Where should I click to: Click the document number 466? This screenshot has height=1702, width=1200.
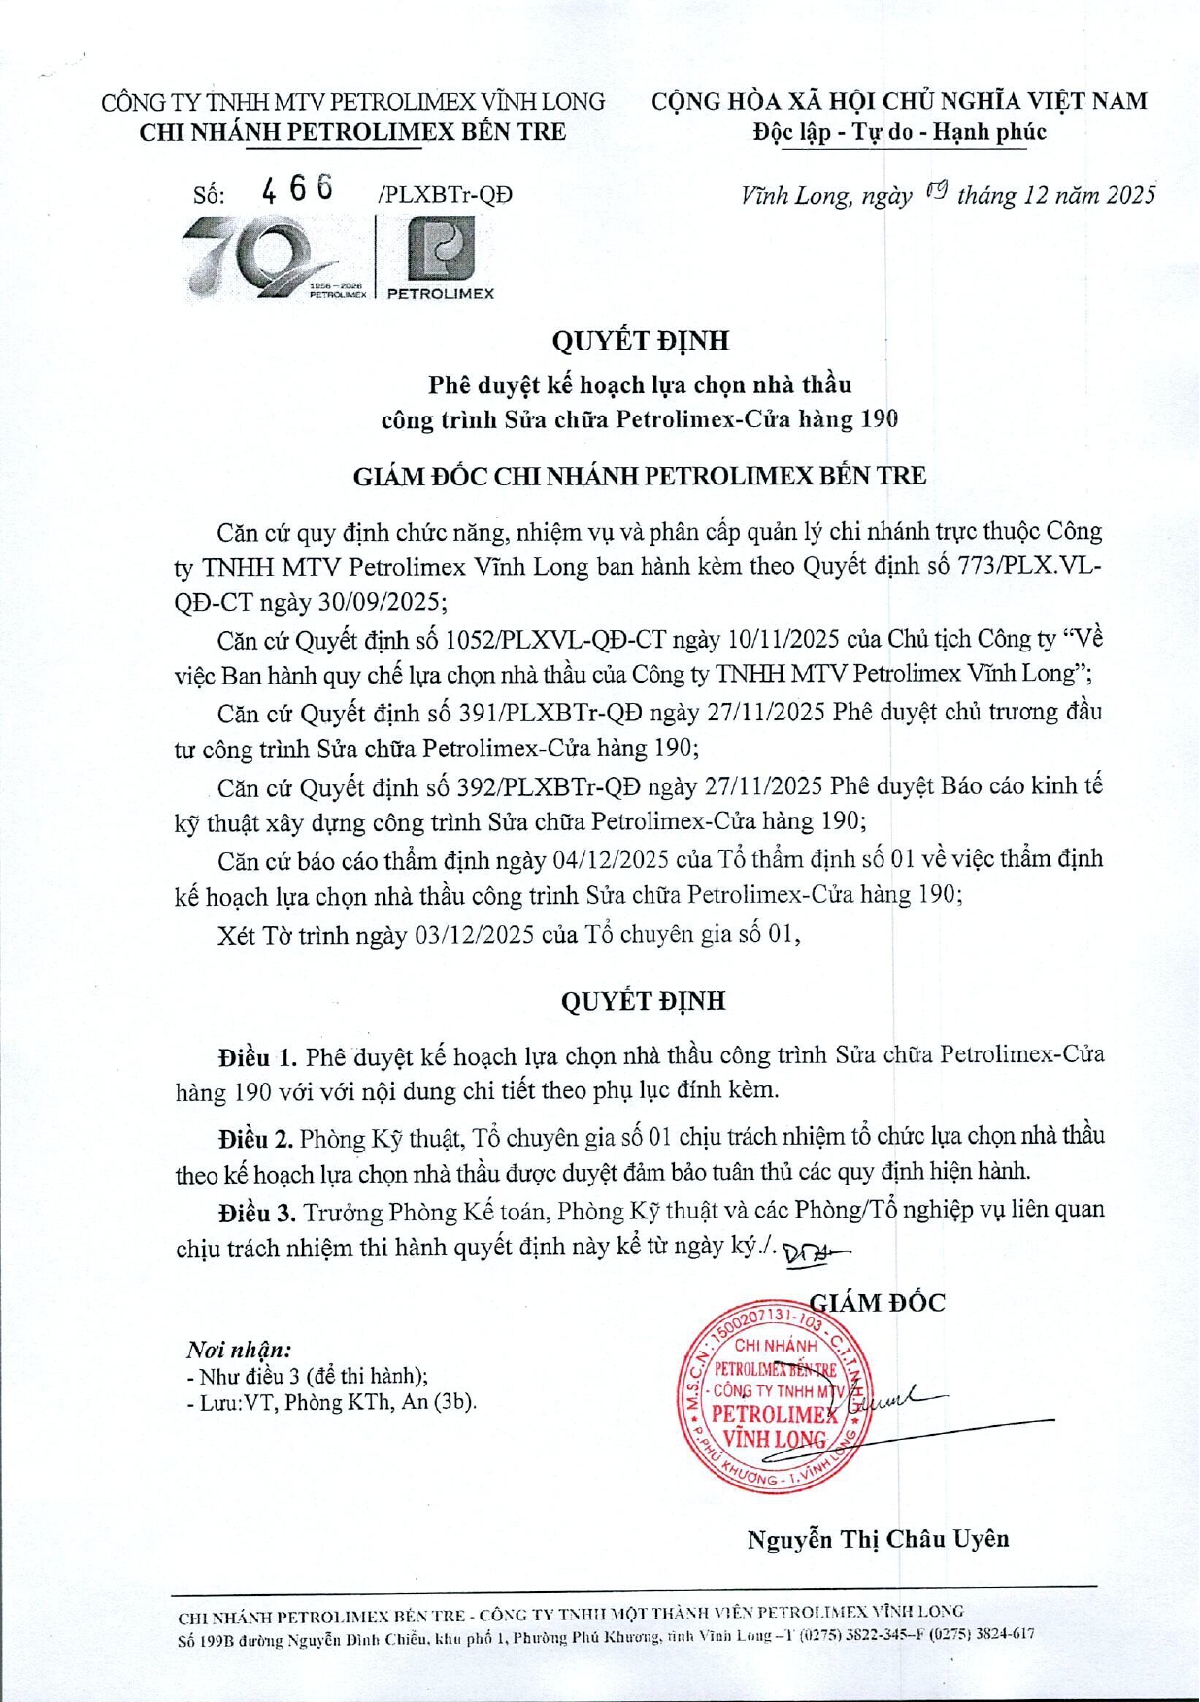point(297,187)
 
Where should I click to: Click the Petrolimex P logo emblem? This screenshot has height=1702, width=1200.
point(441,248)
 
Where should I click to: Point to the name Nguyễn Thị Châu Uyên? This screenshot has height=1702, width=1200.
point(878,1538)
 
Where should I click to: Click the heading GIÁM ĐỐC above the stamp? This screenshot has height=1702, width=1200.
point(878,1302)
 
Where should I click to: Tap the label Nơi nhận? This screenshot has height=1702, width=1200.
point(239,1349)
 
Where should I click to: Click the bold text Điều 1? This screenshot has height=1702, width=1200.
point(257,1055)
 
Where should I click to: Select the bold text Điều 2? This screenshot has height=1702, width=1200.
point(255,1137)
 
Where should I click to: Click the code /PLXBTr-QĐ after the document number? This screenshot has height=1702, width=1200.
point(445,195)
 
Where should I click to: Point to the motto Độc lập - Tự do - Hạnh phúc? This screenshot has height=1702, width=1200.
point(899,132)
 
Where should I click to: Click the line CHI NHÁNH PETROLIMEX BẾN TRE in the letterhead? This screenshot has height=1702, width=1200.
point(352,132)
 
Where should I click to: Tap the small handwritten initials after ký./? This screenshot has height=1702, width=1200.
point(814,1252)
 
